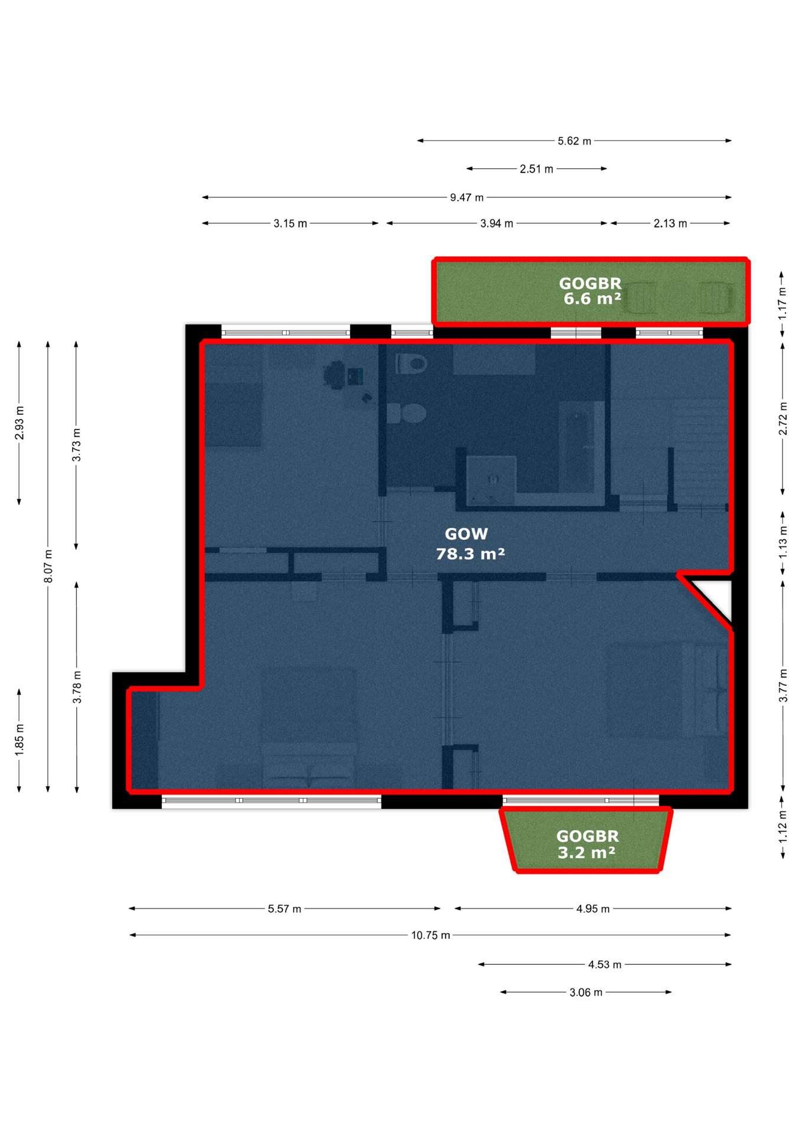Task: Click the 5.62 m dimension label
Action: pyautogui.click(x=574, y=141)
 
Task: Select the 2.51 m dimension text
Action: pyautogui.click(x=536, y=169)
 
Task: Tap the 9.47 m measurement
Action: pyautogui.click(x=467, y=197)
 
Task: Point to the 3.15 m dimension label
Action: pyautogui.click(x=290, y=224)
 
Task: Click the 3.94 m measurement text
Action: pyautogui.click(x=497, y=224)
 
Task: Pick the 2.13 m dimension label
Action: pyautogui.click(x=670, y=224)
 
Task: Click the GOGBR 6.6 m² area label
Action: pyautogui.click(x=591, y=291)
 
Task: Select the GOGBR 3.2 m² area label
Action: pyautogui.click(x=587, y=844)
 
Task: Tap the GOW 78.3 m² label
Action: pyautogui.click(x=470, y=543)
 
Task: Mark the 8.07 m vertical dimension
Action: pyautogui.click(x=48, y=566)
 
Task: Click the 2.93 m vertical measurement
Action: pyautogui.click(x=19, y=423)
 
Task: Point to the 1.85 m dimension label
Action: pyautogui.click(x=19, y=740)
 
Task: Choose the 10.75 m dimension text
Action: pyautogui.click(x=431, y=935)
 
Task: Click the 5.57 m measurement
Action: pyautogui.click(x=285, y=909)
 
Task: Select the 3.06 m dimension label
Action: pyautogui.click(x=586, y=993)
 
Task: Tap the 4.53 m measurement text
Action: pyautogui.click(x=605, y=965)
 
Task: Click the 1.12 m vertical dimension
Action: pyautogui.click(x=783, y=826)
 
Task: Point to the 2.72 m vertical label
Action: pyautogui.click(x=783, y=419)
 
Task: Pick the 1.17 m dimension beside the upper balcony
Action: pyautogui.click(x=783, y=303)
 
